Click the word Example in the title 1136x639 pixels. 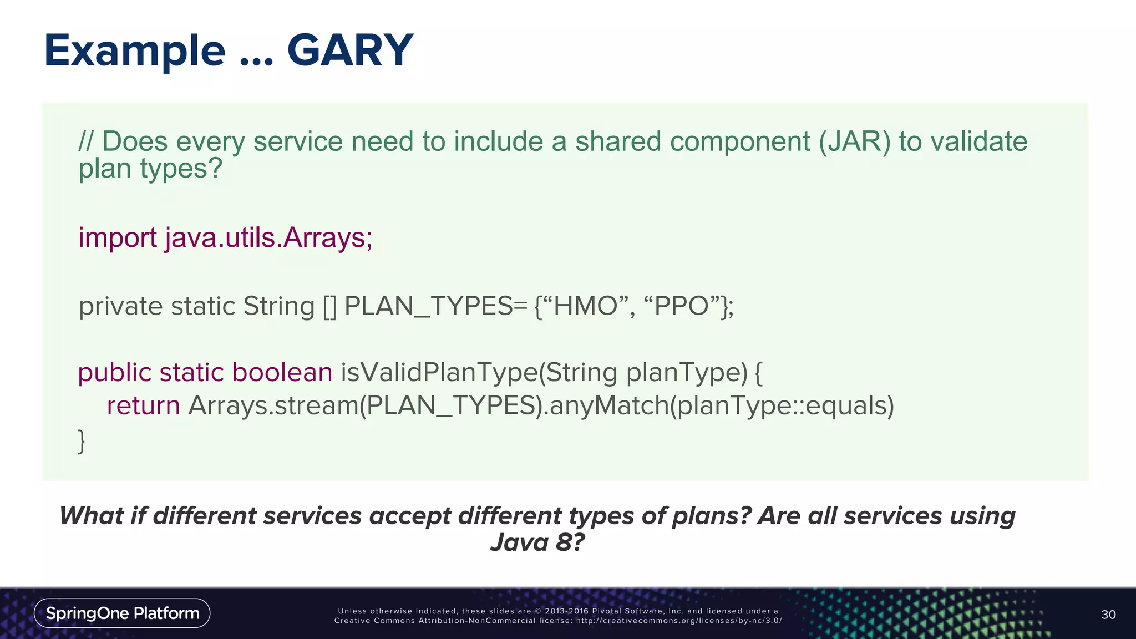click(135, 51)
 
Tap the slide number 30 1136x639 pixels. click(1108, 615)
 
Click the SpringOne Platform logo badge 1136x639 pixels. click(122, 613)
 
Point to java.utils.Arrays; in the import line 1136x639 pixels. click(268, 238)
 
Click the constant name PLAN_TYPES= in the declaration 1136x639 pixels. click(435, 306)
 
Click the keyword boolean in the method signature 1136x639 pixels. click(282, 372)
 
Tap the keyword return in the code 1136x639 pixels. click(143, 405)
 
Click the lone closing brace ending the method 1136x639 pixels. click(82, 441)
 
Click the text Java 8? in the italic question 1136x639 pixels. click(537, 542)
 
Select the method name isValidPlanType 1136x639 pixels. click(438, 372)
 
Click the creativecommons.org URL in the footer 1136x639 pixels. click(678, 621)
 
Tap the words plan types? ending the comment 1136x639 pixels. click(150, 169)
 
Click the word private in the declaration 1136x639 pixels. click(121, 306)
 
